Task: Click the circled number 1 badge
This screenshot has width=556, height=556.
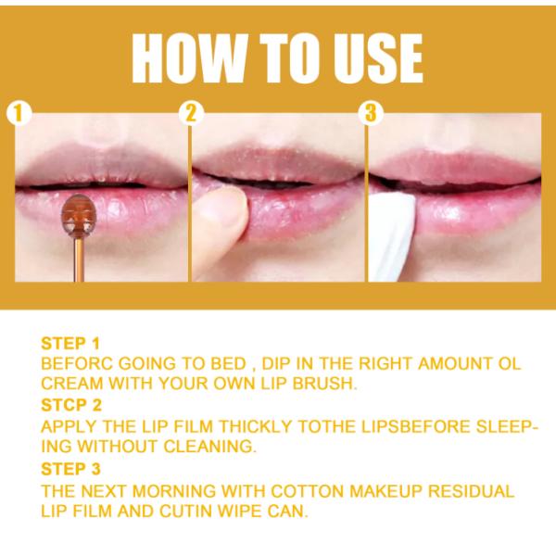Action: point(19,113)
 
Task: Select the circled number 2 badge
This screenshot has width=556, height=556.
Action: point(191,113)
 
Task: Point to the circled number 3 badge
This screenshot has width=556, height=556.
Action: point(371,113)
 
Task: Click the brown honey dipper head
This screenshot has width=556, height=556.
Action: point(77,214)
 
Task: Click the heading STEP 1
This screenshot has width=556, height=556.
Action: point(70,344)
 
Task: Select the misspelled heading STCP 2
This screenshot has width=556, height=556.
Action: point(71,405)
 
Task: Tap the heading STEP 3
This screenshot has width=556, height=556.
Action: point(71,469)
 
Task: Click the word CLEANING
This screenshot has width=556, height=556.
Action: point(210,446)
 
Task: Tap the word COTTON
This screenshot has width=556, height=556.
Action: point(308,491)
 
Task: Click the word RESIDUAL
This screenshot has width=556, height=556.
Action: point(472,491)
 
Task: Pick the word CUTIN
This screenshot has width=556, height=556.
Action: point(186,511)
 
